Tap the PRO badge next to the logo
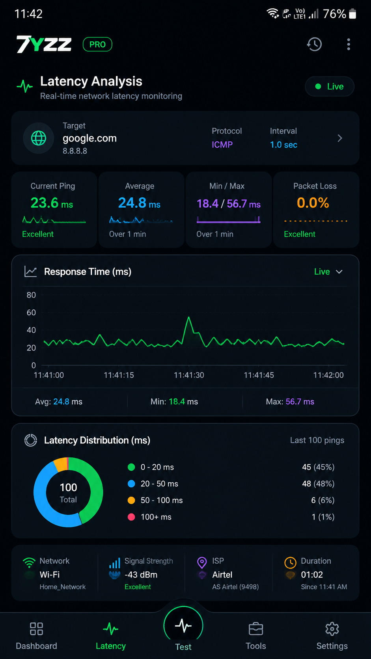click(x=97, y=45)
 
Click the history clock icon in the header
click(x=314, y=45)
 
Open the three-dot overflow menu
click(x=349, y=45)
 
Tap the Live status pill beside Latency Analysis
click(x=330, y=86)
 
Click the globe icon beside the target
click(x=39, y=138)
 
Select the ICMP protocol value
click(x=222, y=145)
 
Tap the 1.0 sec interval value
click(x=283, y=145)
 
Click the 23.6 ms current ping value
click(x=52, y=203)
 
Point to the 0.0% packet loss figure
click(x=313, y=203)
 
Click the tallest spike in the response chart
click(x=188, y=317)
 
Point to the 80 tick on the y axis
click(x=31, y=295)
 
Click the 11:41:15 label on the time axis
click(x=119, y=375)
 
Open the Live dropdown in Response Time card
click(x=328, y=272)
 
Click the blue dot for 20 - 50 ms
click(x=131, y=484)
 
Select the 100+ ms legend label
click(x=156, y=517)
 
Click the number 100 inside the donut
click(x=69, y=488)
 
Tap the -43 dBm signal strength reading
click(x=141, y=575)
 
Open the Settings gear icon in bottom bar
click(x=332, y=629)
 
